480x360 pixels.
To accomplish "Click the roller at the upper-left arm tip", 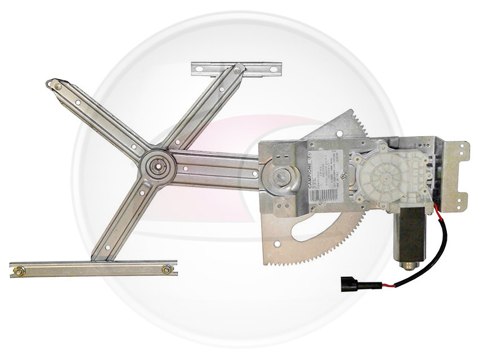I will tap(55, 85).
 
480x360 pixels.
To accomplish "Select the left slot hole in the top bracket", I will tap(198, 69).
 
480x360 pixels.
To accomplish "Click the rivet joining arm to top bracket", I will tap(237, 69).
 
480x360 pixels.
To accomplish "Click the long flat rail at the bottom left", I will tap(93, 269).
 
